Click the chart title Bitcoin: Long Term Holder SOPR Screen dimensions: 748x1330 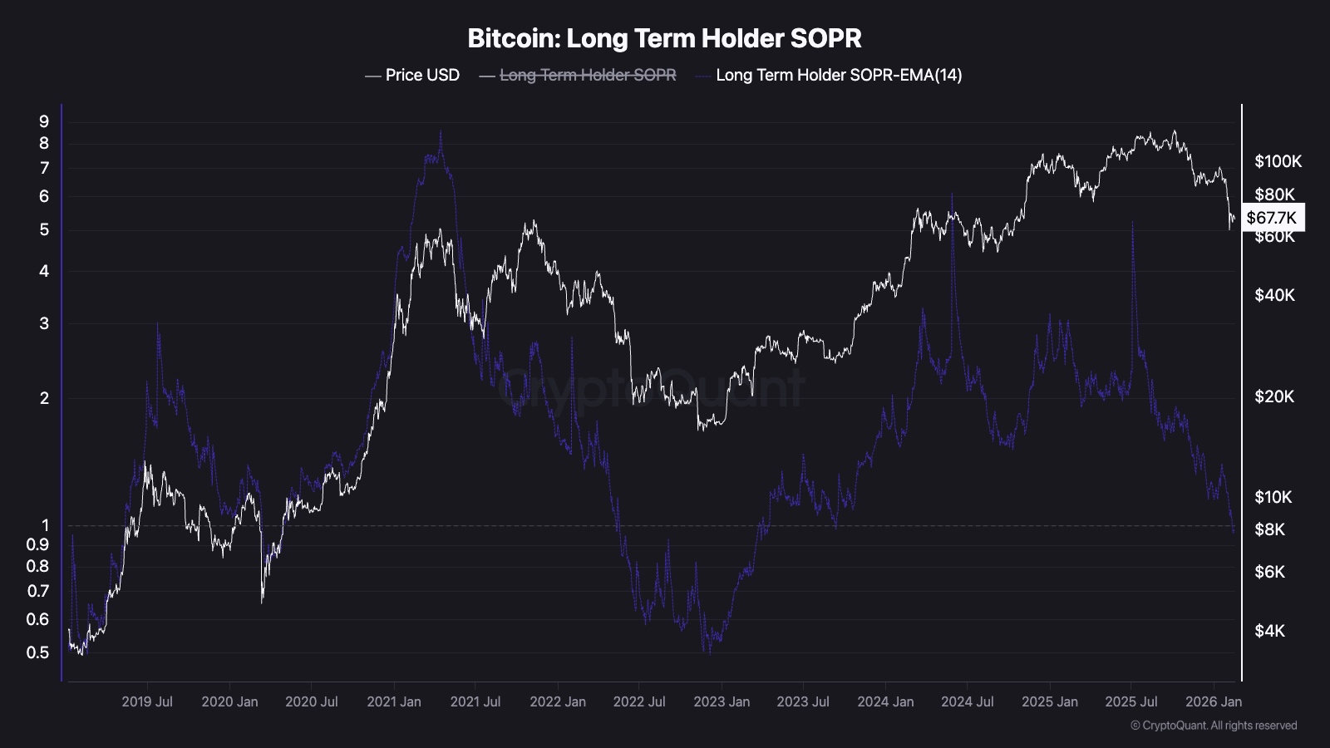[664, 38]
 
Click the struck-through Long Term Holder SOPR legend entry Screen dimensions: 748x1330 [587, 75]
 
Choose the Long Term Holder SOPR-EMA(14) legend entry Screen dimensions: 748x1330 [838, 75]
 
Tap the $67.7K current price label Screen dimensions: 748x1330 [1272, 218]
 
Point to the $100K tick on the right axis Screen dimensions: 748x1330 [1278, 161]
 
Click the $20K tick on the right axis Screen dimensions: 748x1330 [1274, 396]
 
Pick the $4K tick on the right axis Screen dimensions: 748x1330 [1270, 631]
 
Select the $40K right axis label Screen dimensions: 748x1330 [1274, 295]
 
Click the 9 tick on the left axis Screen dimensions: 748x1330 [44, 121]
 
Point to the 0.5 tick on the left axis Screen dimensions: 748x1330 [38, 652]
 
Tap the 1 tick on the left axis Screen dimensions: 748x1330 [45, 525]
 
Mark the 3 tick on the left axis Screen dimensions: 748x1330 [44, 323]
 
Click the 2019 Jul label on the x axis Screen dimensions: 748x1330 [147, 701]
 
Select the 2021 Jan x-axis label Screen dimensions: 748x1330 [394, 701]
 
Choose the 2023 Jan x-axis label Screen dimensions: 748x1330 [722, 701]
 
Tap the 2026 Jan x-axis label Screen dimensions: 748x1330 [1214, 701]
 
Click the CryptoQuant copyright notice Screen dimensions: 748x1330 [1214, 726]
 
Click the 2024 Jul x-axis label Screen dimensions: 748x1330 [967, 701]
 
